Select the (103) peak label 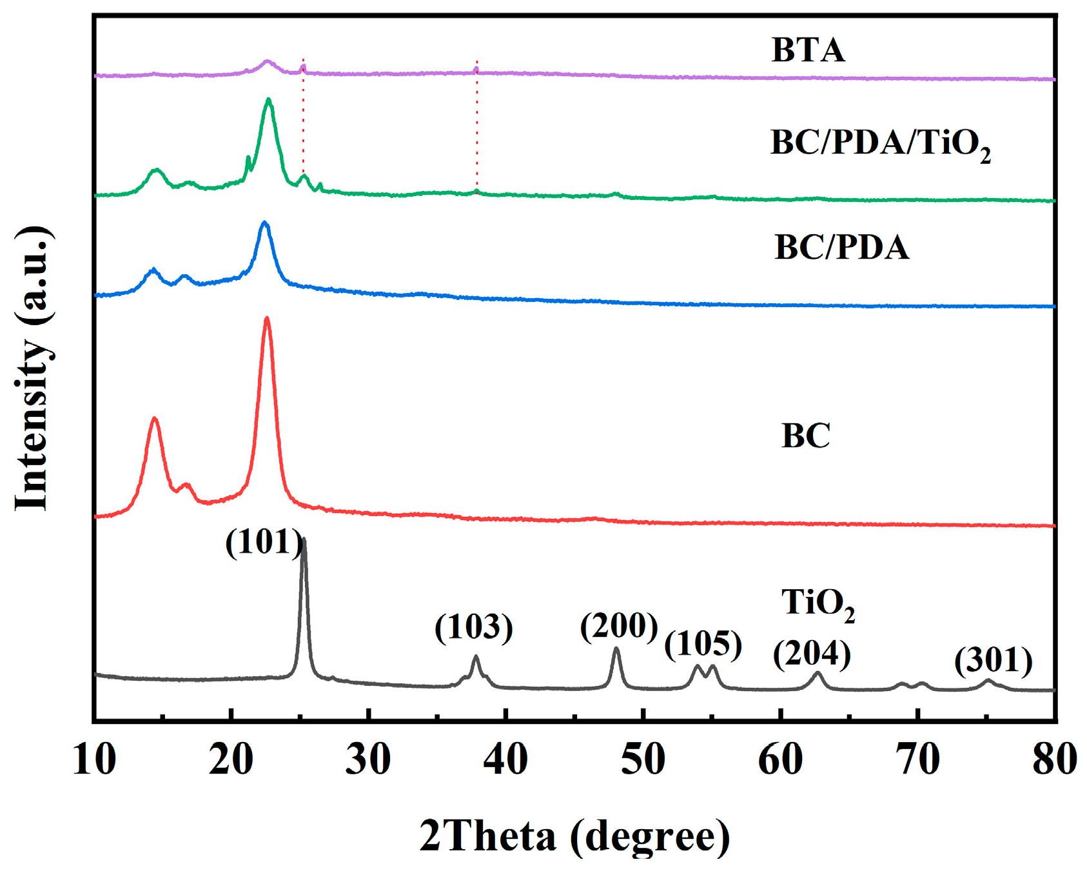pos(474,627)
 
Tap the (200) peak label pos(619,626)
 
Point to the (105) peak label pos(703,644)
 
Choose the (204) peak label pos(812,654)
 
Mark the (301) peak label pos(993,661)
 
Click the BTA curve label pos(808,50)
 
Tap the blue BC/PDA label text pos(841,248)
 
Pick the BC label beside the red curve pos(805,436)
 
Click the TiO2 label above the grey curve pos(818,604)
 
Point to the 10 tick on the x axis pos(95,759)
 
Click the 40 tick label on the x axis pos(506,759)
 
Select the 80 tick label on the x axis pos(1053,759)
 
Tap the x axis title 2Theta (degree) pos(574,836)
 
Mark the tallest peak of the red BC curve pos(267,318)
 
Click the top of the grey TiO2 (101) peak pos(304,539)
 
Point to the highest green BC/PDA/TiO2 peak pos(269,100)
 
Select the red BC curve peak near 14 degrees pos(154,419)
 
